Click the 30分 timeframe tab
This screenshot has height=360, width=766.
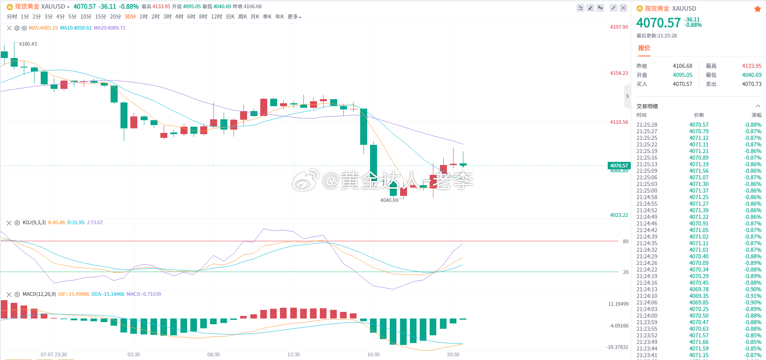[130, 16]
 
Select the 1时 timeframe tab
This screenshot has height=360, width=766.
[143, 16]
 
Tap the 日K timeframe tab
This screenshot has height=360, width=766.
[230, 16]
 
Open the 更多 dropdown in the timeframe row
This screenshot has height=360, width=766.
[294, 16]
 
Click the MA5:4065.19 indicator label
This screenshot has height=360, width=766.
[43, 28]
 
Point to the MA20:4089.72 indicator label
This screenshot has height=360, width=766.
[109, 28]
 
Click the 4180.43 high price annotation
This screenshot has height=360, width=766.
[28, 44]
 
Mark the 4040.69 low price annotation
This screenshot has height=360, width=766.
[389, 200]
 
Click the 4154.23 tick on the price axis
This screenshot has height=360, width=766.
[619, 73]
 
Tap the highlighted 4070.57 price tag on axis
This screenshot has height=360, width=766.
[619, 166]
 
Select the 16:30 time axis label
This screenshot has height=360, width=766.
[373, 355]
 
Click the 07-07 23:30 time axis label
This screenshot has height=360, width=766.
[53, 355]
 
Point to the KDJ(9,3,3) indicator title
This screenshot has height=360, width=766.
[34, 223]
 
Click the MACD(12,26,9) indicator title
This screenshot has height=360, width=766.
[39, 294]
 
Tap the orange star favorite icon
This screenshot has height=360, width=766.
[757, 9]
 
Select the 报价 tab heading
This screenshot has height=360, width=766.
[644, 48]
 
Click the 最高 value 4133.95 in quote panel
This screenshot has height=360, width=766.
[752, 66]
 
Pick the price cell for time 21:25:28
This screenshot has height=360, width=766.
[699, 125]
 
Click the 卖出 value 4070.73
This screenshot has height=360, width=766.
[752, 84]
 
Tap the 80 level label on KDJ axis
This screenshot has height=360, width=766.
[625, 242]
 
